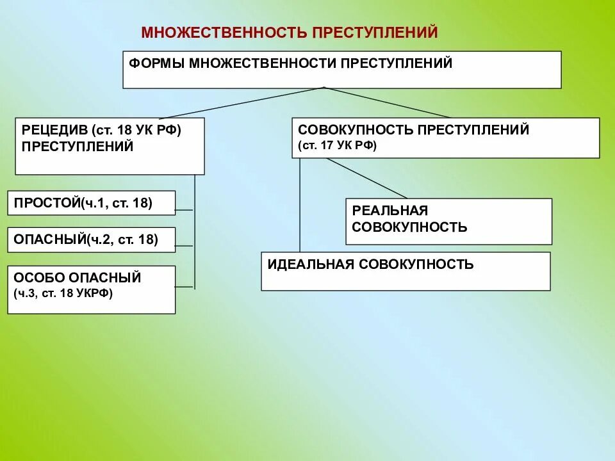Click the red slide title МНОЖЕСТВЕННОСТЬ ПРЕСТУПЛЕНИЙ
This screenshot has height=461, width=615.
(289, 33)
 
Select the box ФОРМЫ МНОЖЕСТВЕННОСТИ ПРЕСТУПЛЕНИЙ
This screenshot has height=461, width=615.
(341, 70)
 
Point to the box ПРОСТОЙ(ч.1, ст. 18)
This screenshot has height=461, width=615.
(91, 203)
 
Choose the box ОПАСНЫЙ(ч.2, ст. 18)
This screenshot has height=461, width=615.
(91, 239)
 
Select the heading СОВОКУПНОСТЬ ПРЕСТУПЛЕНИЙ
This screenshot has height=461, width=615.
(414, 130)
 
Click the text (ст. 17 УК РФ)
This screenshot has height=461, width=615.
(338, 146)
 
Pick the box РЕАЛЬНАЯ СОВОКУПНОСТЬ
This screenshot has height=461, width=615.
(448, 222)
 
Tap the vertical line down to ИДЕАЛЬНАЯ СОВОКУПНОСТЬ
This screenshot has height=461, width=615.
(299, 205)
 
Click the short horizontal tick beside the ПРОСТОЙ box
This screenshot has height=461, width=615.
(184, 209)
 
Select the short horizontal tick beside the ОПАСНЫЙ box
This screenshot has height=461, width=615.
(184, 246)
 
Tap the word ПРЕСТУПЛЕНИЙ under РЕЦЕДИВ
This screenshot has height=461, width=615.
(78, 146)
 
